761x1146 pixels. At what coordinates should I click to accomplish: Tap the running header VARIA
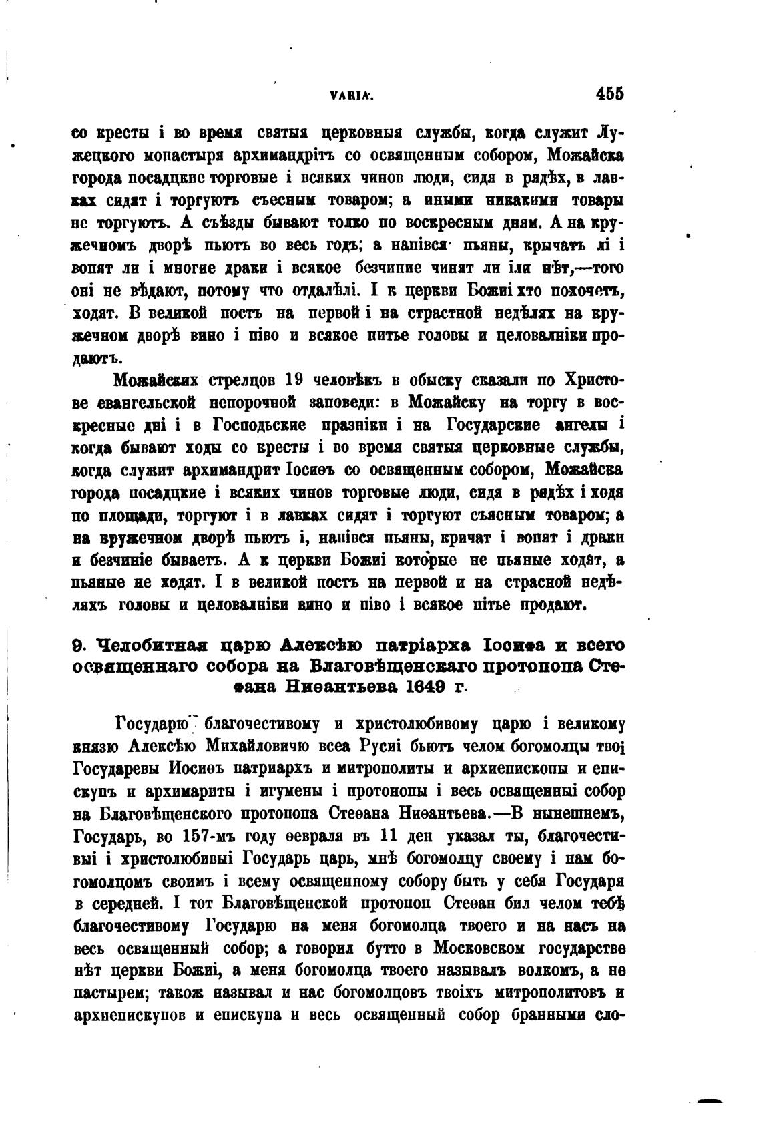click(350, 96)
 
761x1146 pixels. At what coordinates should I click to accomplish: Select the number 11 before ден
click(388, 836)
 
